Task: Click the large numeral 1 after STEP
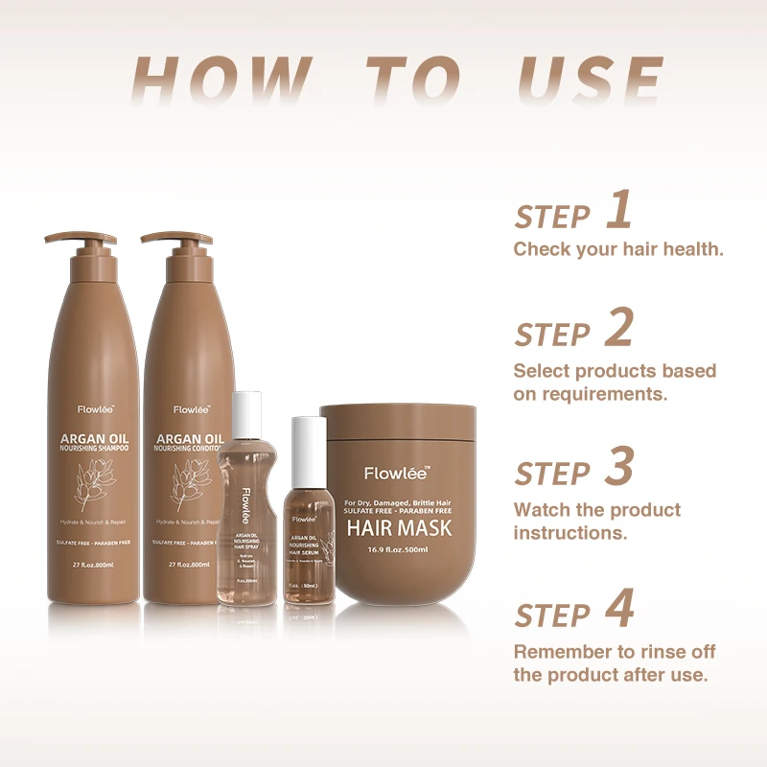click(619, 212)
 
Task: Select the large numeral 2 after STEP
click(619, 330)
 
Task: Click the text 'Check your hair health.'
click(617, 249)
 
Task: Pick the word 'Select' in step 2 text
click(542, 370)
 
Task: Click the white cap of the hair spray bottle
click(246, 412)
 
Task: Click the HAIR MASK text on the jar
click(397, 528)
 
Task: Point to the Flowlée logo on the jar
click(397, 473)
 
